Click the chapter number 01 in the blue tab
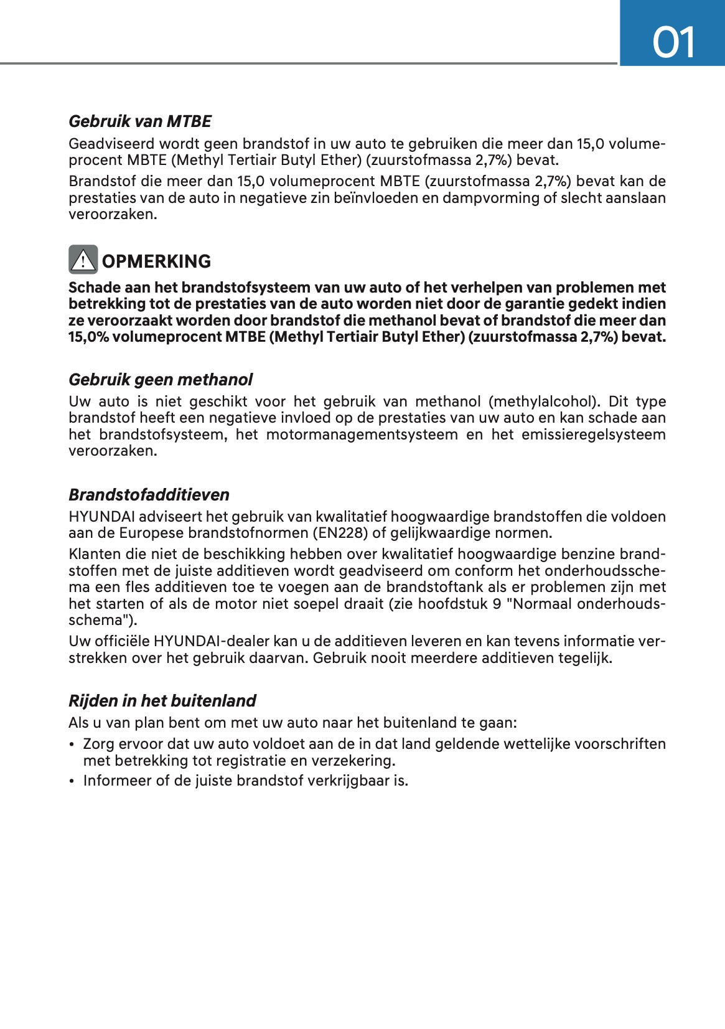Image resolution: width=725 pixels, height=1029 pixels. [673, 43]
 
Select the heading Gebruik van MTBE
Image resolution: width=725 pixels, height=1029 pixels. [140, 121]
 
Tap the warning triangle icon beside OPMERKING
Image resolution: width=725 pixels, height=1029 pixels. [83, 260]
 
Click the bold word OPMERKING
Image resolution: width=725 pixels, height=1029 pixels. [156, 261]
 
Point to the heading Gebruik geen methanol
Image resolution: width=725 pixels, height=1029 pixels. [161, 380]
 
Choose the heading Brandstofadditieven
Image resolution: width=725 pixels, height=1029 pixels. [149, 495]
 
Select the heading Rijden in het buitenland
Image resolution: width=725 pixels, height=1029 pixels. [162, 701]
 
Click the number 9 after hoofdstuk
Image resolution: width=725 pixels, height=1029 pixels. [496, 604]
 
